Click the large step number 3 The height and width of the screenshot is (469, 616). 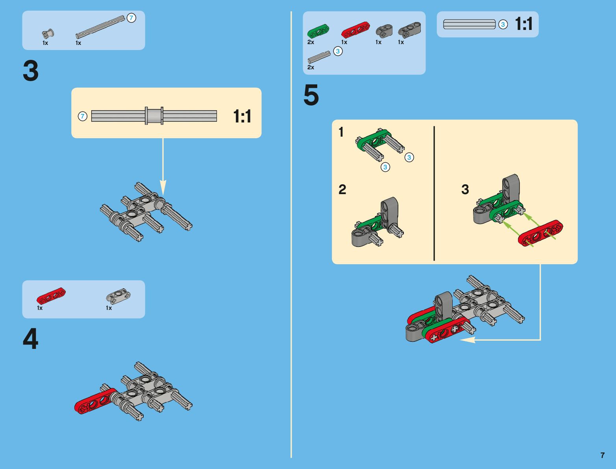tap(31, 71)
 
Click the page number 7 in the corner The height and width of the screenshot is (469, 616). tap(602, 455)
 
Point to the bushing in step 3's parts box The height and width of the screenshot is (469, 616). tap(48, 34)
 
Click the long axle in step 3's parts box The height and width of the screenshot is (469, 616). tap(100, 27)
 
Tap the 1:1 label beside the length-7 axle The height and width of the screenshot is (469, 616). tap(242, 117)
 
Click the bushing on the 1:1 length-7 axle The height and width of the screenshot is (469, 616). tap(154, 116)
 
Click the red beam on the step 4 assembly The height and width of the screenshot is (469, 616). tap(94, 401)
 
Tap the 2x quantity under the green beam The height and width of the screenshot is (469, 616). tap(311, 42)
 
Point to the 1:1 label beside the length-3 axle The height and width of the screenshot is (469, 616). tap(524, 24)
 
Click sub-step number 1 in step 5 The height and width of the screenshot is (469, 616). tap(341, 132)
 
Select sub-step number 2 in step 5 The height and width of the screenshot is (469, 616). tap(342, 189)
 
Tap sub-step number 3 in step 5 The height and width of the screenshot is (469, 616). tap(465, 189)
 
